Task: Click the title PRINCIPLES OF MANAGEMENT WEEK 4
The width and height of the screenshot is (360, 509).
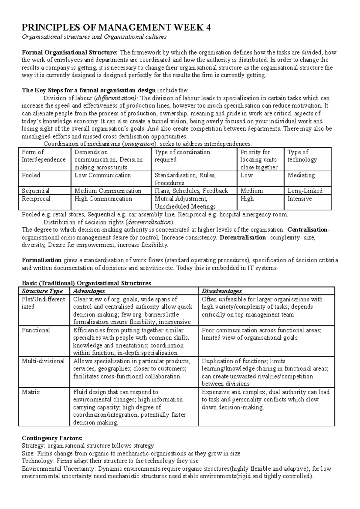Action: click(116, 28)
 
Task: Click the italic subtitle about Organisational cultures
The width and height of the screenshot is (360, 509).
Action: click(94, 37)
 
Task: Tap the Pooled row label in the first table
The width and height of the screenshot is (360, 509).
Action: click(31, 175)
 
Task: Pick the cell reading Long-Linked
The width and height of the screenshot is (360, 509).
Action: click(305, 191)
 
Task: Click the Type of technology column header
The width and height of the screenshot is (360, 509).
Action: click(302, 156)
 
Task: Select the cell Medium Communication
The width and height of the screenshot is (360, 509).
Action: click(108, 191)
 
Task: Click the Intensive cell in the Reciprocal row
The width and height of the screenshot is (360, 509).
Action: click(299, 199)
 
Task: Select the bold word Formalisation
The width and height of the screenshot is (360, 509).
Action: click(42, 260)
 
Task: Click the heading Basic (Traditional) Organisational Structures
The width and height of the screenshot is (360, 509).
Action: click(86, 283)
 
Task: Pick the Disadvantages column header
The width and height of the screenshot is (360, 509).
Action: click(221, 291)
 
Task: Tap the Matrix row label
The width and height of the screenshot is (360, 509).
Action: click(31, 392)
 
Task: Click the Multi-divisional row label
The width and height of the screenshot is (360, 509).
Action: click(43, 361)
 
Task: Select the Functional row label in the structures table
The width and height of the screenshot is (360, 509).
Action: click(36, 330)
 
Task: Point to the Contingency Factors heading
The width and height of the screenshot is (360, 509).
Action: click(52, 438)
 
